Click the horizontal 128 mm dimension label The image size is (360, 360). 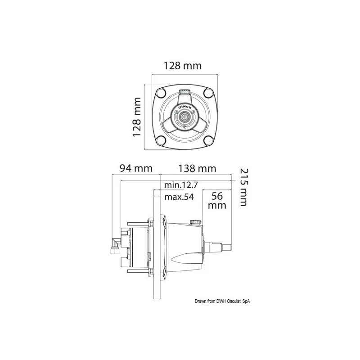point(182,66)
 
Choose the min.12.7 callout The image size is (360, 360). point(181,184)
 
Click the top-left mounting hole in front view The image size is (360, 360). point(161,94)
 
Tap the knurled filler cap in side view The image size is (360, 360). point(194,223)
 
